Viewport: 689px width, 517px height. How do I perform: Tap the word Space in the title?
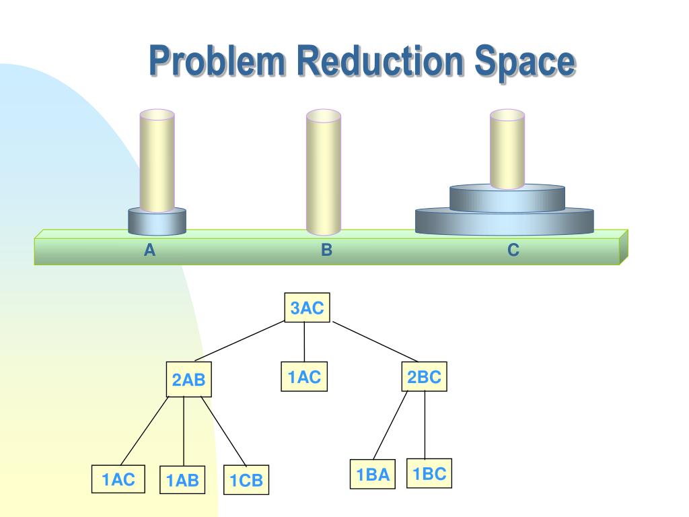(525, 62)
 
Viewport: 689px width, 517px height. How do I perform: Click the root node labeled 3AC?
(307, 309)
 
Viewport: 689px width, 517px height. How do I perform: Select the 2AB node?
(188, 380)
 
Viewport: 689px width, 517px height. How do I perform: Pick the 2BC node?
(425, 378)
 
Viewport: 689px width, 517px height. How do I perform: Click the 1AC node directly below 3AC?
(304, 378)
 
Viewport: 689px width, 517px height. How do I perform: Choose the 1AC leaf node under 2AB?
(118, 479)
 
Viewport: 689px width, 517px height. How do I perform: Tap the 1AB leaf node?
(183, 481)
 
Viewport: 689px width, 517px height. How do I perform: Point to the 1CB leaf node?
(246, 481)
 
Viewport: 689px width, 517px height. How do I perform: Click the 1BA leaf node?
(373, 475)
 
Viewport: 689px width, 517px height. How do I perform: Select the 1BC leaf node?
(429, 474)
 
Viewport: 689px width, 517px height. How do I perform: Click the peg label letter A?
(149, 250)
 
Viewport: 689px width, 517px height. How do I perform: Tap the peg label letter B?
(327, 250)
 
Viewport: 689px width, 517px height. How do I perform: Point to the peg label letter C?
(513, 250)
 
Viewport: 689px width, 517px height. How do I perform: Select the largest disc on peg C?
(505, 222)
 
